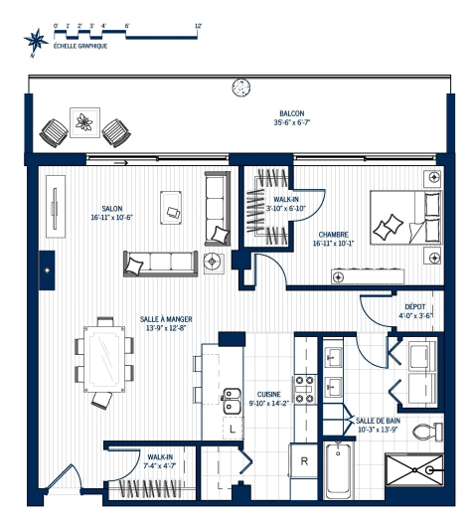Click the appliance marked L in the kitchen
click(x=232, y=430)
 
